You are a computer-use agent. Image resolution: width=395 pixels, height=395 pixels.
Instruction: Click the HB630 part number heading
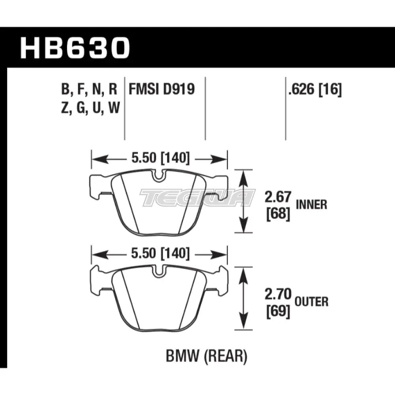(75, 47)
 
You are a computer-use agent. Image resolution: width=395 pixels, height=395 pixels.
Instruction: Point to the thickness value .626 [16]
(315, 90)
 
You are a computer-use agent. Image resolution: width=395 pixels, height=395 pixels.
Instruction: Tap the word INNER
(311, 205)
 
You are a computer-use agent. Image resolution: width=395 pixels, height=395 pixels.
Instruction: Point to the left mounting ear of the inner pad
(97, 186)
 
